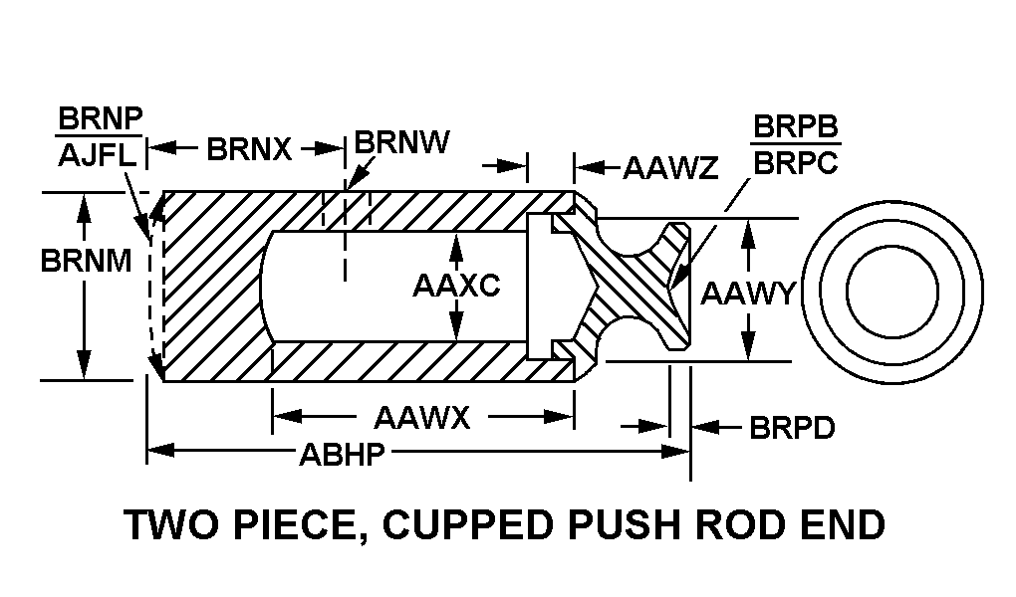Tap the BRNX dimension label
click(x=249, y=150)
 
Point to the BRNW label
click(x=401, y=143)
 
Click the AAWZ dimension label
click(x=669, y=167)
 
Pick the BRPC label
click(x=795, y=161)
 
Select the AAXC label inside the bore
click(x=455, y=287)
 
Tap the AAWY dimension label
click(x=747, y=293)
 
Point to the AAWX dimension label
click(x=421, y=417)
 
